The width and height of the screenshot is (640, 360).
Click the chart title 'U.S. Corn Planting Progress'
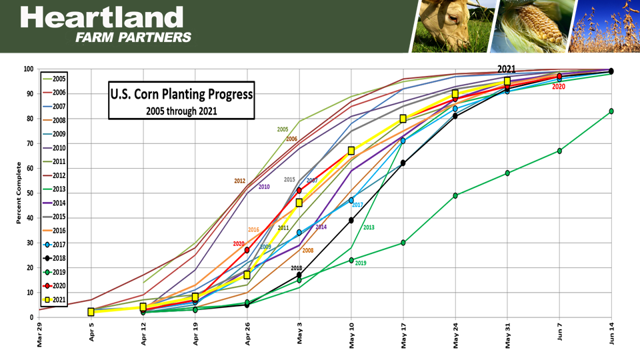[x=181, y=94]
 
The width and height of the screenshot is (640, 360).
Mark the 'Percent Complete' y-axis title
[x=19, y=193]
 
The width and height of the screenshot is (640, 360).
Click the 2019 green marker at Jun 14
[x=611, y=111]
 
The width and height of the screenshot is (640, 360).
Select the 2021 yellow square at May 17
[x=403, y=119]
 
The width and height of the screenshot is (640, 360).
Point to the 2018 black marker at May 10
[x=351, y=220]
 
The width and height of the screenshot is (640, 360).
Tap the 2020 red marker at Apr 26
[x=247, y=250]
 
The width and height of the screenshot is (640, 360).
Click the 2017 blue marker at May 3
[x=299, y=233]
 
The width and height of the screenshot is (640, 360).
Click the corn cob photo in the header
[x=530, y=26]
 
